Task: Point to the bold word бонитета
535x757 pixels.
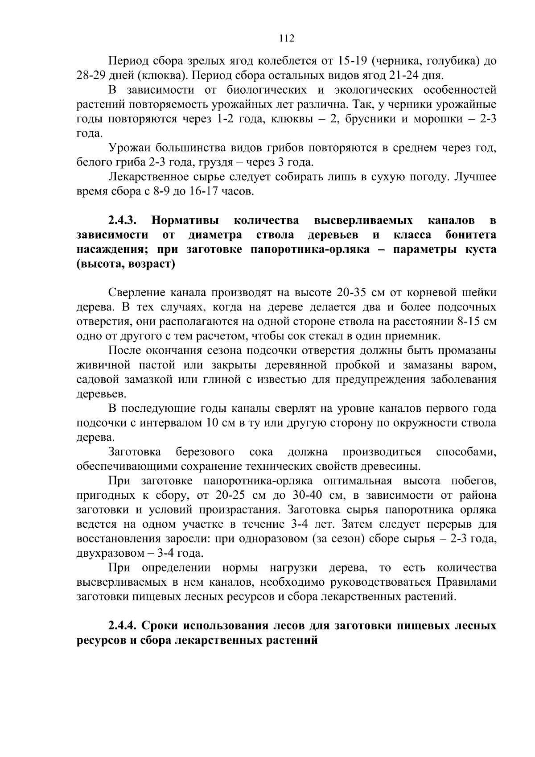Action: coord(471,235)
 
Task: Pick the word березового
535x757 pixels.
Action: coord(206,452)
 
